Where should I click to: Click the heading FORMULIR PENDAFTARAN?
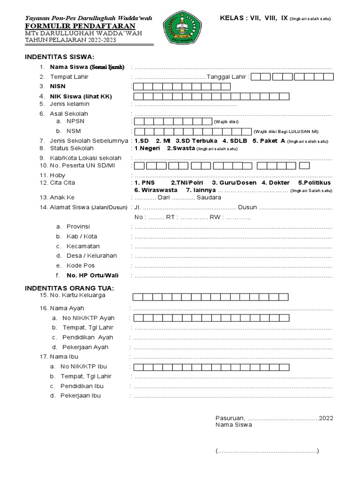tap(80, 26)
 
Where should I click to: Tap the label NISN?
tap(59, 87)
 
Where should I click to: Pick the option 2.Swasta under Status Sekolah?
tap(180, 149)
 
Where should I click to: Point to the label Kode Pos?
tap(79, 266)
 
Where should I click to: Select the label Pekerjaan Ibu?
tap(80, 396)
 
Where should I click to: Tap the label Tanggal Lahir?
tap(227, 77)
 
